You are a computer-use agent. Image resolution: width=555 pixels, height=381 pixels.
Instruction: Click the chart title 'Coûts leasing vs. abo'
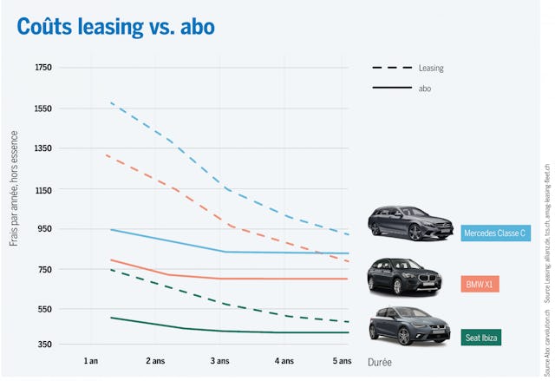[115, 27]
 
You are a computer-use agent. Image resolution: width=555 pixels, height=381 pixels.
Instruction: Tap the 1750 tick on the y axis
[43, 68]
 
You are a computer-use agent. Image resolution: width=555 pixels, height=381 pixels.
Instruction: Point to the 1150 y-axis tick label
[43, 189]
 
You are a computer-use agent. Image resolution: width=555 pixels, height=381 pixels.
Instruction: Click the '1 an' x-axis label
[89, 360]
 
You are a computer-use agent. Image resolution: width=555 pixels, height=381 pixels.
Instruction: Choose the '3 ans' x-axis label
[220, 360]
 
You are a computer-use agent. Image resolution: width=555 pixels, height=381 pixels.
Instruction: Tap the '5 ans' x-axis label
[342, 360]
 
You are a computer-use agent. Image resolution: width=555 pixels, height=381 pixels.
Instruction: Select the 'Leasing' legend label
[431, 68]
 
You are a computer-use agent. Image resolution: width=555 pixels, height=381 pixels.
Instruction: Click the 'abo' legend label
[425, 89]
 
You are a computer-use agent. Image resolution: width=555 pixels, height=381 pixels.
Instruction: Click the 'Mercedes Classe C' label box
[495, 233]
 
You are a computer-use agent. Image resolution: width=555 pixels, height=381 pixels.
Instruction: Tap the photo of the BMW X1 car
[409, 277]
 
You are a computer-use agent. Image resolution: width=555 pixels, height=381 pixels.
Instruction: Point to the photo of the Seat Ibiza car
[409, 326]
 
